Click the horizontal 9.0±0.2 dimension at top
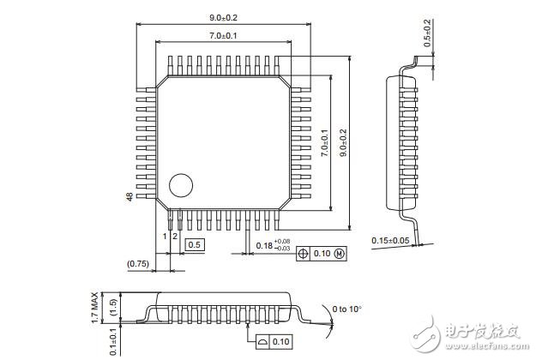(x=223, y=16)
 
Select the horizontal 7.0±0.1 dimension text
(x=223, y=36)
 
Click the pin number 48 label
(x=129, y=197)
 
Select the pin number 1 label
(x=165, y=236)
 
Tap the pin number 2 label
(x=174, y=236)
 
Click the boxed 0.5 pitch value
(x=195, y=245)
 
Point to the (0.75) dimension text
(x=138, y=263)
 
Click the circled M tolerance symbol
(x=339, y=255)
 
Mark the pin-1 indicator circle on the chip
(x=180, y=185)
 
